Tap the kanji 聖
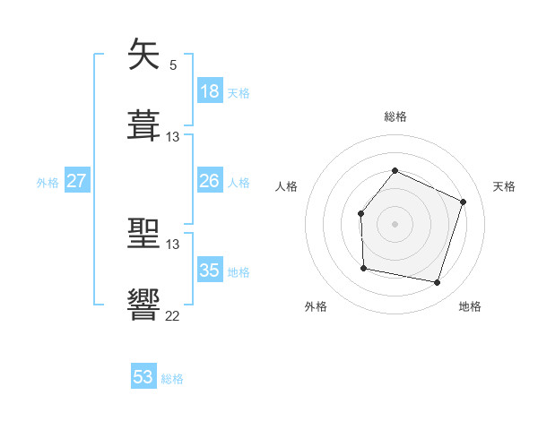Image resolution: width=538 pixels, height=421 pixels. pyautogui.click(x=144, y=236)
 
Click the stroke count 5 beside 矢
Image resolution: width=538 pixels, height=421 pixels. pyautogui.click(x=172, y=64)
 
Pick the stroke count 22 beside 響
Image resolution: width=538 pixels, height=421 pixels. pyautogui.click(x=172, y=315)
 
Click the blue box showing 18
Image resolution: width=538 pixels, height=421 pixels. pyautogui.click(x=210, y=91)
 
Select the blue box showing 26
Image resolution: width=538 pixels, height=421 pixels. pyautogui.click(x=210, y=181)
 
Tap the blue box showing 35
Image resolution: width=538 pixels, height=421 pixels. pyautogui.click(x=210, y=271)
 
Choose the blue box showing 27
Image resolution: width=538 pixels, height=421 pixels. pyautogui.click(x=76, y=181)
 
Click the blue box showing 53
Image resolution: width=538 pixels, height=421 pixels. pyautogui.click(x=143, y=377)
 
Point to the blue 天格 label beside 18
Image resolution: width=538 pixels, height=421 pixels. pyautogui.click(x=239, y=92)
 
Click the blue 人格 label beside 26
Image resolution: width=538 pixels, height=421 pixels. pyautogui.click(x=239, y=182)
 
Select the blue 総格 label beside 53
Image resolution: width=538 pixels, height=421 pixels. pyautogui.click(x=172, y=379)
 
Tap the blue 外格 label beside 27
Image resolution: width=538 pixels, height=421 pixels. pyautogui.click(x=48, y=182)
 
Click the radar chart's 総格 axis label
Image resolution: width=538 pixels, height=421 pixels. pyautogui.click(x=395, y=116)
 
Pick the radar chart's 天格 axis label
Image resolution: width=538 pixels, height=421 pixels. pyautogui.click(x=504, y=186)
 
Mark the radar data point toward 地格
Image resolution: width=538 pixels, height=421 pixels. pyautogui.click(x=437, y=282)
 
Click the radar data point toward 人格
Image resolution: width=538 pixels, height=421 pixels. pyautogui.click(x=360, y=213)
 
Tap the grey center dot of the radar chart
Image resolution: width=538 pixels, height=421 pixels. pyautogui.click(x=395, y=224)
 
